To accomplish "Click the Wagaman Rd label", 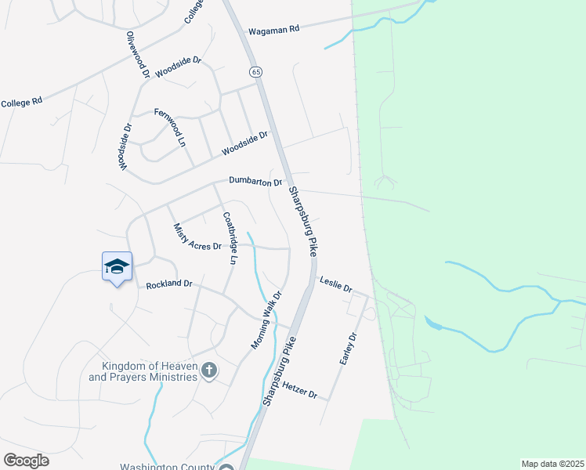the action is tap(273, 30).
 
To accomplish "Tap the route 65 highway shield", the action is tap(256, 72).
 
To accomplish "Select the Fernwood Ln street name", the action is tap(169, 127).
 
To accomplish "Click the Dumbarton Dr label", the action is tap(255, 182).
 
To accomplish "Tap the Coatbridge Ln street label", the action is tap(230, 238).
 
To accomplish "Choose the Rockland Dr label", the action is tap(169, 284).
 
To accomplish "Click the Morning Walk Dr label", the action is tap(266, 320).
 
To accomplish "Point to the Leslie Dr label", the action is tap(336, 283).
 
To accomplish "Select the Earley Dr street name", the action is tap(348, 349).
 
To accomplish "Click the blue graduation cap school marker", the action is tap(117, 266).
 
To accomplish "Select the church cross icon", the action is tap(209, 370).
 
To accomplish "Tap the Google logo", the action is tap(27, 461).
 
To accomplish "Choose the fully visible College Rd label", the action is tap(21, 103).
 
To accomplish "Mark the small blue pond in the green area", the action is tap(433, 323).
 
